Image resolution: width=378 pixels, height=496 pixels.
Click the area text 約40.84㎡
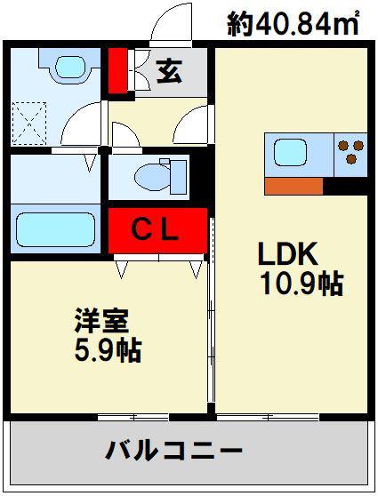coord(294,24)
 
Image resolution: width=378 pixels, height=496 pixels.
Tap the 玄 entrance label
coord(170,71)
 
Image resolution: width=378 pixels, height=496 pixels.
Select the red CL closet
coord(157,230)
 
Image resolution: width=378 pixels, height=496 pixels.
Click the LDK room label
coord(288,253)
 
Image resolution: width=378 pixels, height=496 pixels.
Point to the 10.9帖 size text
coord(302,284)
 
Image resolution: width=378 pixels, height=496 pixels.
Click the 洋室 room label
coord(101,320)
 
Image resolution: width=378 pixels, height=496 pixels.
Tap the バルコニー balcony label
coord(173,451)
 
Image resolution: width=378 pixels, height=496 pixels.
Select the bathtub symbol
coord(56,229)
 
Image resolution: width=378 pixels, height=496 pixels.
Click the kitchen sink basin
coord(290,154)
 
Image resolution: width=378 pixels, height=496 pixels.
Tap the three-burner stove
coord(350,153)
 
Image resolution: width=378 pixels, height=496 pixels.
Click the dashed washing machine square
coord(29,123)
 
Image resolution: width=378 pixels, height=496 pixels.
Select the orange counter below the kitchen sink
coord(294,186)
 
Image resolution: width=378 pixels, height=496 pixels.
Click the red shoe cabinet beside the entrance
coord(118,71)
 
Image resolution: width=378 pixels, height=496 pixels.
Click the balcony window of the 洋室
coord(133,417)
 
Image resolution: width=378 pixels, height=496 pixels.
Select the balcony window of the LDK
coord(268,417)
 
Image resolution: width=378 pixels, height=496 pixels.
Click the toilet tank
coord(178,177)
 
